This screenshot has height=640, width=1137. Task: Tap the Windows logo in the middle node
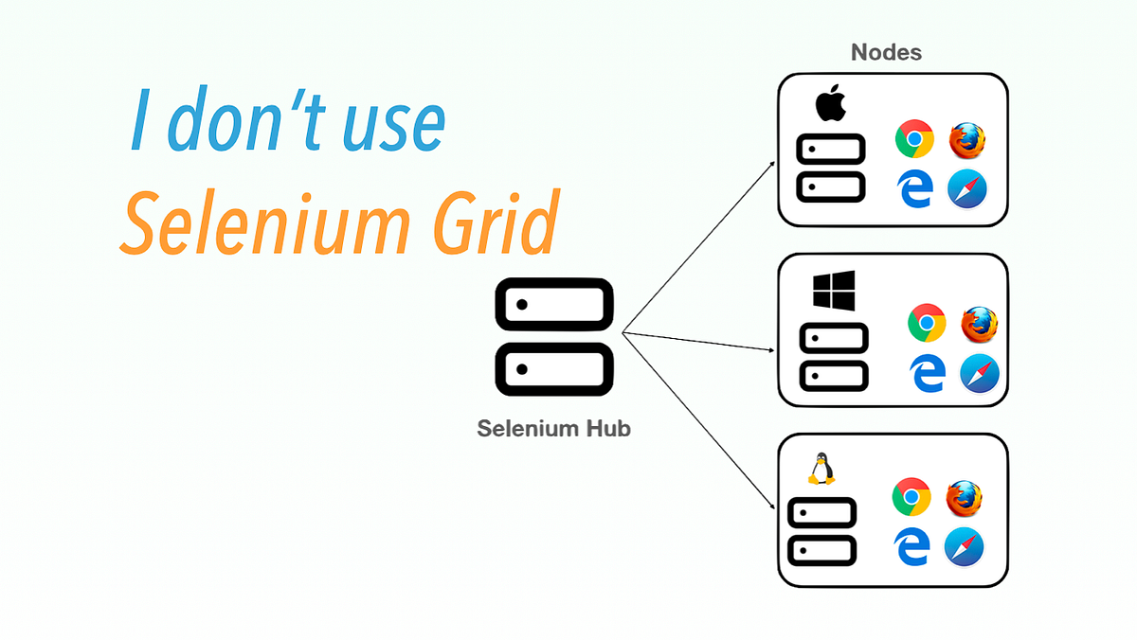pos(834,289)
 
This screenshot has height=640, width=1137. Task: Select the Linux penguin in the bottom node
pos(821,469)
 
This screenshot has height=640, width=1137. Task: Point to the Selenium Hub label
pos(554,428)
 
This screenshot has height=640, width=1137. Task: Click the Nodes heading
pos(886,52)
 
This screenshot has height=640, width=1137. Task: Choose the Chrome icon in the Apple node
pos(914,140)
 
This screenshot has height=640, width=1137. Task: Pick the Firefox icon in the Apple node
pos(967,140)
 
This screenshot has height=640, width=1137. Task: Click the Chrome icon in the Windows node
pos(927,323)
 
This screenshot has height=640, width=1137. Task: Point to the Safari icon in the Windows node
pos(980,373)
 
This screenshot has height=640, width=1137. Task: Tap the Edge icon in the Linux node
pos(911,547)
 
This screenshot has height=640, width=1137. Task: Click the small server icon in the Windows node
pos(834,356)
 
